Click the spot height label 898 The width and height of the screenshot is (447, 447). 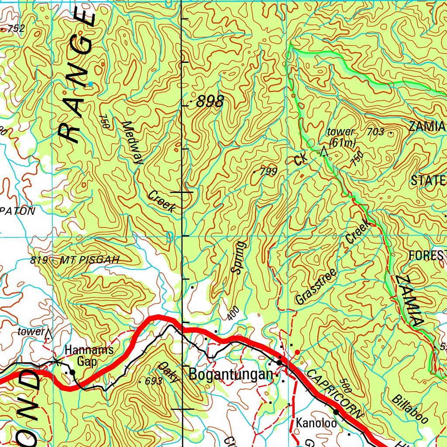coord(210,102)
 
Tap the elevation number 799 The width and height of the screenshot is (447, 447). coord(268,172)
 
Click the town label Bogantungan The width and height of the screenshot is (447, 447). coord(230,374)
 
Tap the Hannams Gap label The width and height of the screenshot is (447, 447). coord(89,355)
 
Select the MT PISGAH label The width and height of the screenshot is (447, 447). coord(89,260)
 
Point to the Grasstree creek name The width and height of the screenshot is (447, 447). coord(316,286)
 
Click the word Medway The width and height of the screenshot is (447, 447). coord(132,142)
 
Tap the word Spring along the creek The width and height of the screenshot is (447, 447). coord(238,257)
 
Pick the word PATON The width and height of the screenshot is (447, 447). coord(18,211)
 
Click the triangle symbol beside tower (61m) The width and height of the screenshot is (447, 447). coord(323,151)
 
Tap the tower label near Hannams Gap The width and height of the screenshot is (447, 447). coord(31,332)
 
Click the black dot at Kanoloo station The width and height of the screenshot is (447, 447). coord(336,412)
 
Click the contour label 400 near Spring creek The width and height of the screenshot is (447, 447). coord(234,313)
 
